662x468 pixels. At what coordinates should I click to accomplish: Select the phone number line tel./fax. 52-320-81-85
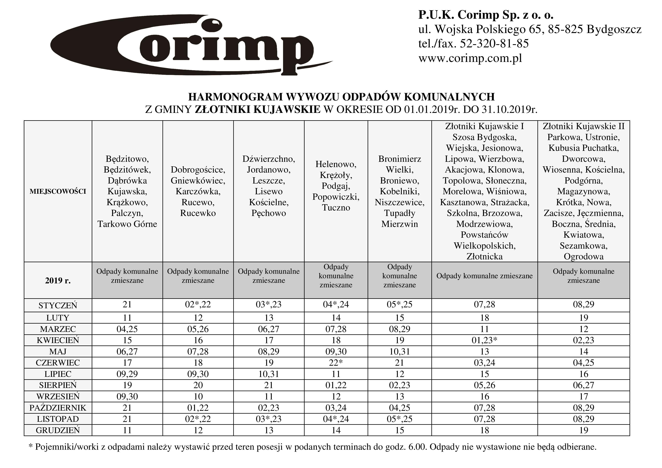pos(473,44)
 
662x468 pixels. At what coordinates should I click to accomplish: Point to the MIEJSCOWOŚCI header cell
pos(58,191)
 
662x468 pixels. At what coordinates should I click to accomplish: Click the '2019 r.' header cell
pos(58,281)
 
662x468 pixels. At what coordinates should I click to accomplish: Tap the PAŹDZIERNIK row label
pos(58,408)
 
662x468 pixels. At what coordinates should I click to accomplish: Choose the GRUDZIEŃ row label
pos(58,430)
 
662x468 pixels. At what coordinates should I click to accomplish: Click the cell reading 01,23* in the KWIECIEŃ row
pos(484,340)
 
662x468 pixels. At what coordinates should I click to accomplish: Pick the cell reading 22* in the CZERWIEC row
pos(336,363)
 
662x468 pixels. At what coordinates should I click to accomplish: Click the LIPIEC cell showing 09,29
pos(127,374)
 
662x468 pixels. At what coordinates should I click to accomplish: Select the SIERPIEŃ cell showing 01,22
pos(336,385)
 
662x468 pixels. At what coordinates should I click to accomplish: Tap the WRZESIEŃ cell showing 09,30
pos(127,396)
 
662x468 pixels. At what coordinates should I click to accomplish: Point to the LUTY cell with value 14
pos(336,318)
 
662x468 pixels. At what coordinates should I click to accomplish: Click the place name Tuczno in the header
pos(336,208)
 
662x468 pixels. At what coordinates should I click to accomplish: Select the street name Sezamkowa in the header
pos(583,246)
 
